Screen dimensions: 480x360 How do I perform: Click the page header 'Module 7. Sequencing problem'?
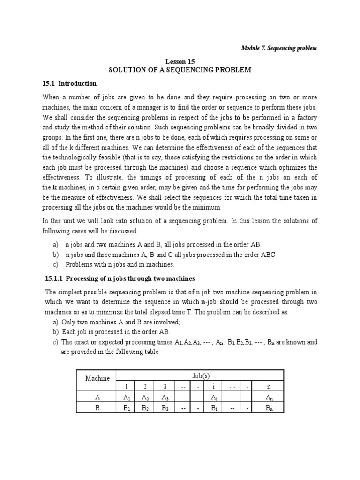(x=278, y=48)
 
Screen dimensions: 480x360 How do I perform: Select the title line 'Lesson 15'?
(x=180, y=61)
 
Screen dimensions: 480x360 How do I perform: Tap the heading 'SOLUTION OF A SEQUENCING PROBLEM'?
(x=180, y=70)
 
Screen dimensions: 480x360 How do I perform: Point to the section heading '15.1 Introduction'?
(x=69, y=84)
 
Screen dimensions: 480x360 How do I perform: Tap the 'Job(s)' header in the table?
(x=199, y=375)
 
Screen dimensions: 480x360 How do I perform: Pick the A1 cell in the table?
(x=126, y=397)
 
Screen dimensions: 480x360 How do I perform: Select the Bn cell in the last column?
(x=268, y=407)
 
